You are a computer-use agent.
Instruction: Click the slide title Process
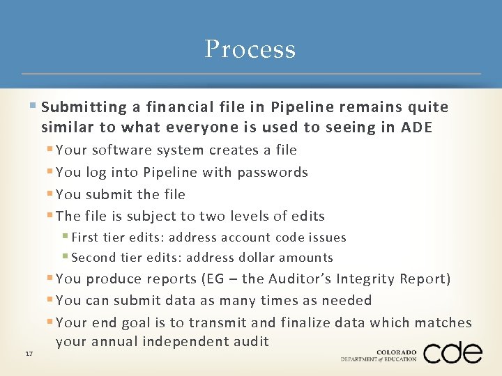coord(250,49)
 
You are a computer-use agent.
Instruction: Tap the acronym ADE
coord(418,127)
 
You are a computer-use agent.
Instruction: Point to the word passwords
coord(275,173)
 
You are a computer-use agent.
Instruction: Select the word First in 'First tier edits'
coord(84,237)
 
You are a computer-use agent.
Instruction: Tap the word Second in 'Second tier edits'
coord(93,258)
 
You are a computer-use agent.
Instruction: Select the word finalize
coord(307,322)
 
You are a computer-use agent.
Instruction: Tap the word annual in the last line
coord(112,342)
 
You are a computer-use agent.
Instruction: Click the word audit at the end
coord(248,342)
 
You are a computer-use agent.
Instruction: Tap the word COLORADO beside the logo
coord(396,352)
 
